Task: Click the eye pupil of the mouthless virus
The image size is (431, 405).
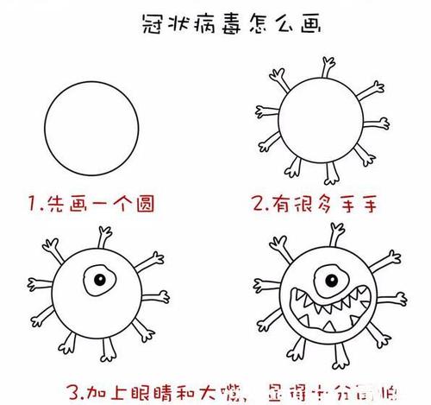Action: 101,281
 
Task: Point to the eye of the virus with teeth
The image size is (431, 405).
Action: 327,278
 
